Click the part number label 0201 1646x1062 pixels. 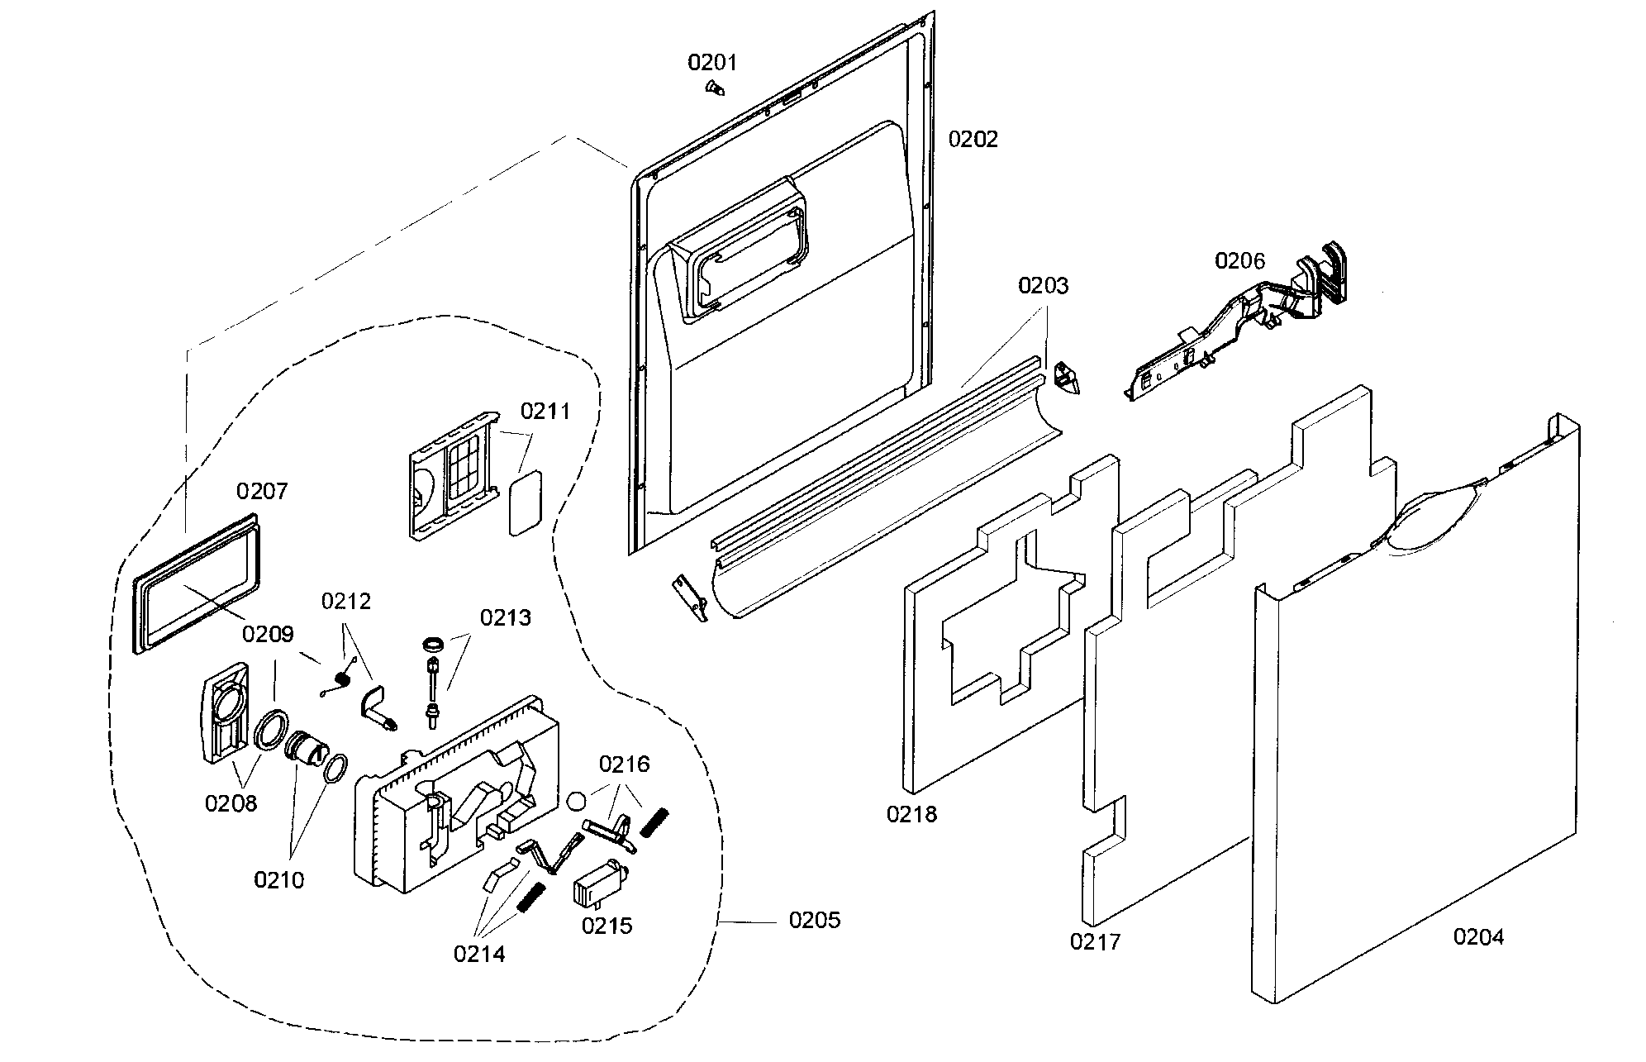(712, 62)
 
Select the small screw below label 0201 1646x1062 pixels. (714, 87)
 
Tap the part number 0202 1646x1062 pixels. (973, 139)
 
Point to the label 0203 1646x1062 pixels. (1043, 286)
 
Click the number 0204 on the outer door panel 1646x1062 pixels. (1478, 936)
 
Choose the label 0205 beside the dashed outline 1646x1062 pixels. (814, 920)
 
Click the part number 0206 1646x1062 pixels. (1239, 261)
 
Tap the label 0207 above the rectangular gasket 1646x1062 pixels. (262, 491)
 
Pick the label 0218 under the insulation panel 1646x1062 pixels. (911, 814)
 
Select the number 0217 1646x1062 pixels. (1095, 941)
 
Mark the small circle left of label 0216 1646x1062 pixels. (578, 800)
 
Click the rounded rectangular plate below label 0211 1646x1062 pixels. (525, 504)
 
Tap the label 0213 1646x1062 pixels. (506, 617)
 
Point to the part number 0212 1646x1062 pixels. (346, 601)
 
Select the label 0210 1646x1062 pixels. (278, 880)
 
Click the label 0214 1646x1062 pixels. (478, 954)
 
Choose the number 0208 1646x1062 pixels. (231, 802)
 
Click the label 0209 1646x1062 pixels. (268, 635)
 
